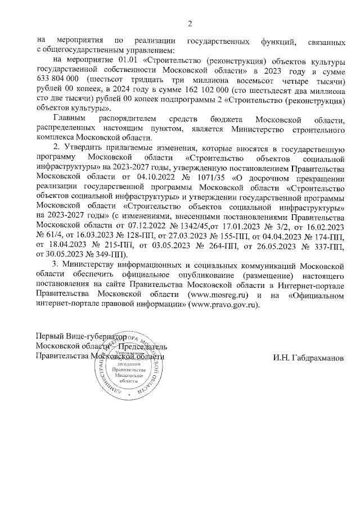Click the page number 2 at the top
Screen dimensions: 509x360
click(190, 23)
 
